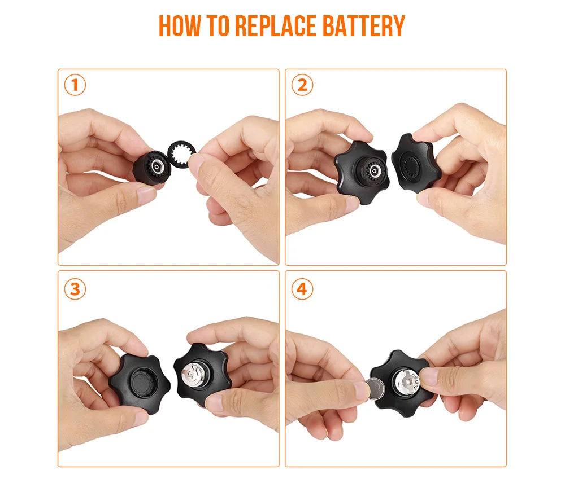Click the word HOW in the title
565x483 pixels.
179,25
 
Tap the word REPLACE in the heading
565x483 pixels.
276,25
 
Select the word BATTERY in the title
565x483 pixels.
364,25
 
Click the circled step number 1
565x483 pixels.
75,85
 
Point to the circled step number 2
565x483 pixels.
302,85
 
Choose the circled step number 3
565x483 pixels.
75,289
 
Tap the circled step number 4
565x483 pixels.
302,289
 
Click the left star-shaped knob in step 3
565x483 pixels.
140,384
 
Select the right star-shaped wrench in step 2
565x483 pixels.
415,163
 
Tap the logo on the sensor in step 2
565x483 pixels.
373,172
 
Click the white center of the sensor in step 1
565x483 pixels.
157,166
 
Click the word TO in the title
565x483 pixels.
218,25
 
